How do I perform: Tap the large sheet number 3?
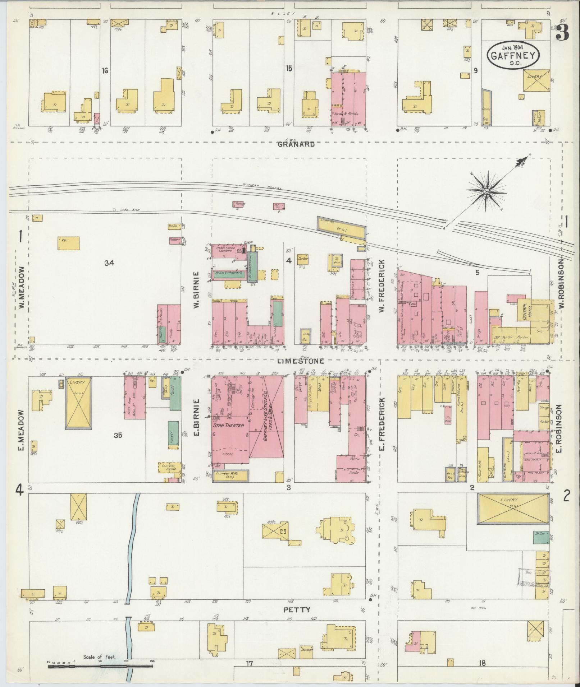click(x=562, y=33)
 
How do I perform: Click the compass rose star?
click(x=486, y=192)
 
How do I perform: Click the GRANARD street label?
click(x=296, y=144)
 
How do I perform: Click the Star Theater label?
click(x=229, y=425)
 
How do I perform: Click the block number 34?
click(x=109, y=263)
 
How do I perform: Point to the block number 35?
click(x=118, y=435)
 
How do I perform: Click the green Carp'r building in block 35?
click(x=173, y=434)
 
